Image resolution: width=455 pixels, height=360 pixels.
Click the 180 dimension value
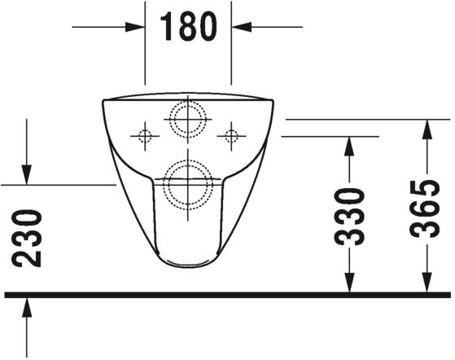tap(188, 26)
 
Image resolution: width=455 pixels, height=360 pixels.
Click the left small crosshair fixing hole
tap(145, 135)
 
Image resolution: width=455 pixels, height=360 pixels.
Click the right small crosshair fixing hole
tap(232, 135)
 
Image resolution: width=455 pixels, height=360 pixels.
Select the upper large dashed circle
tap(188, 120)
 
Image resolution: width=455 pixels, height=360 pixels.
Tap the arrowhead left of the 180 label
tap(137, 26)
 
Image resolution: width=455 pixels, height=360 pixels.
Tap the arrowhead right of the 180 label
tap(240, 26)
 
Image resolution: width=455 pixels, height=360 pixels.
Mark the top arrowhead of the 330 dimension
tap(349, 145)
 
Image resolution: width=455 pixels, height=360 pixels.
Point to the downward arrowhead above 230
tap(27, 175)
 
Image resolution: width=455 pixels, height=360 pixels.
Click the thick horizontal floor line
tap(228, 294)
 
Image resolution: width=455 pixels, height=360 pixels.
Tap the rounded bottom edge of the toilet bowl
tap(188, 266)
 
